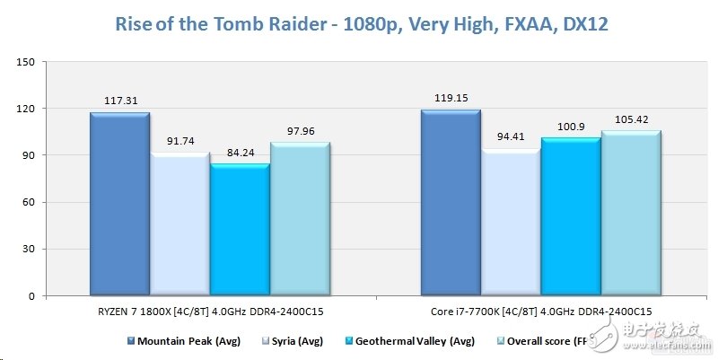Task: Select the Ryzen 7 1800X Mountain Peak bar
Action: pyautogui.click(x=119, y=205)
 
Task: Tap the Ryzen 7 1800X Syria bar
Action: pyautogui.click(x=179, y=224)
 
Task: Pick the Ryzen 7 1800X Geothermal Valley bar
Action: pyautogui.click(x=240, y=231)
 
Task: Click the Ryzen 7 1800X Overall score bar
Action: pyautogui.click(x=300, y=220)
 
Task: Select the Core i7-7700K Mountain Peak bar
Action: pyautogui.click(x=450, y=203)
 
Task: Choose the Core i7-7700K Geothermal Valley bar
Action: pyautogui.click(x=570, y=217)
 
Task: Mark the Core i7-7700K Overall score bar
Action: pyautogui.click(x=630, y=214)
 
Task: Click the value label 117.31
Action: pyautogui.click(x=119, y=101)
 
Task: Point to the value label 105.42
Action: pyautogui.click(x=630, y=119)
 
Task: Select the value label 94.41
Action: pyautogui.click(x=510, y=136)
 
